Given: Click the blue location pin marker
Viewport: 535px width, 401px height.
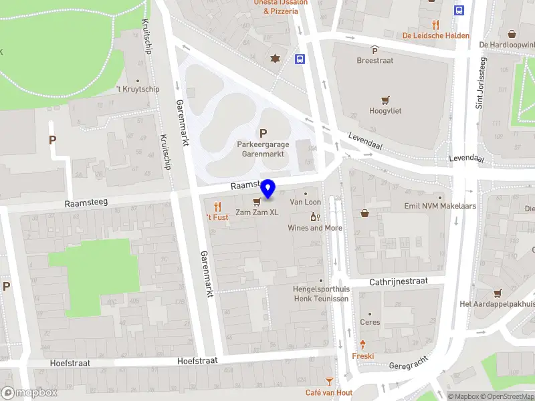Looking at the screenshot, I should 268,189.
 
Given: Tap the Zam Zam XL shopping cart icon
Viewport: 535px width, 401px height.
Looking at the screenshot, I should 257,202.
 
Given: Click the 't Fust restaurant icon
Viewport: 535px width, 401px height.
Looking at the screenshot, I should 217,206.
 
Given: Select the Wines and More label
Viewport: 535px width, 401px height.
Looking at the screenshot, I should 315,228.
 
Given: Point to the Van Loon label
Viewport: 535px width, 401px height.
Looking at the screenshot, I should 306,202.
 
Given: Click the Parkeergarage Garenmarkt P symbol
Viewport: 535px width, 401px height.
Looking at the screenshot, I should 263,133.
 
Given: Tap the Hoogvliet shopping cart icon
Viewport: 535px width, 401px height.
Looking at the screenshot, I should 385,100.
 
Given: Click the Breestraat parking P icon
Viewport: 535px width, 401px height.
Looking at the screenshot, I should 374,50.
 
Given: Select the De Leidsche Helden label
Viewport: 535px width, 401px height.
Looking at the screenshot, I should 436,35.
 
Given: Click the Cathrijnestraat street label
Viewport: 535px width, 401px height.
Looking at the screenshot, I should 399,282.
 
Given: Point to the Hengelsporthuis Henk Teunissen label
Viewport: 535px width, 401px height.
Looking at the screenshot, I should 321,294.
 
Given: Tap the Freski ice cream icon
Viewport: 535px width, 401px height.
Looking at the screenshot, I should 363,345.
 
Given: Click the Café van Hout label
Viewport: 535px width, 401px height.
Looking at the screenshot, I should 329,392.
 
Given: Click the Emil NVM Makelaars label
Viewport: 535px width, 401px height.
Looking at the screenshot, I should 440,206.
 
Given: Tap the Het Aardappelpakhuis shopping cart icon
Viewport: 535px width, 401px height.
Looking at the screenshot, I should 498,293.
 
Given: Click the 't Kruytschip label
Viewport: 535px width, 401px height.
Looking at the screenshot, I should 138,89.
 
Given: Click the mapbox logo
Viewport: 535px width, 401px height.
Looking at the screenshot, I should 29,393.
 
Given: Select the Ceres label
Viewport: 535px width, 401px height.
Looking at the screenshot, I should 370,322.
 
